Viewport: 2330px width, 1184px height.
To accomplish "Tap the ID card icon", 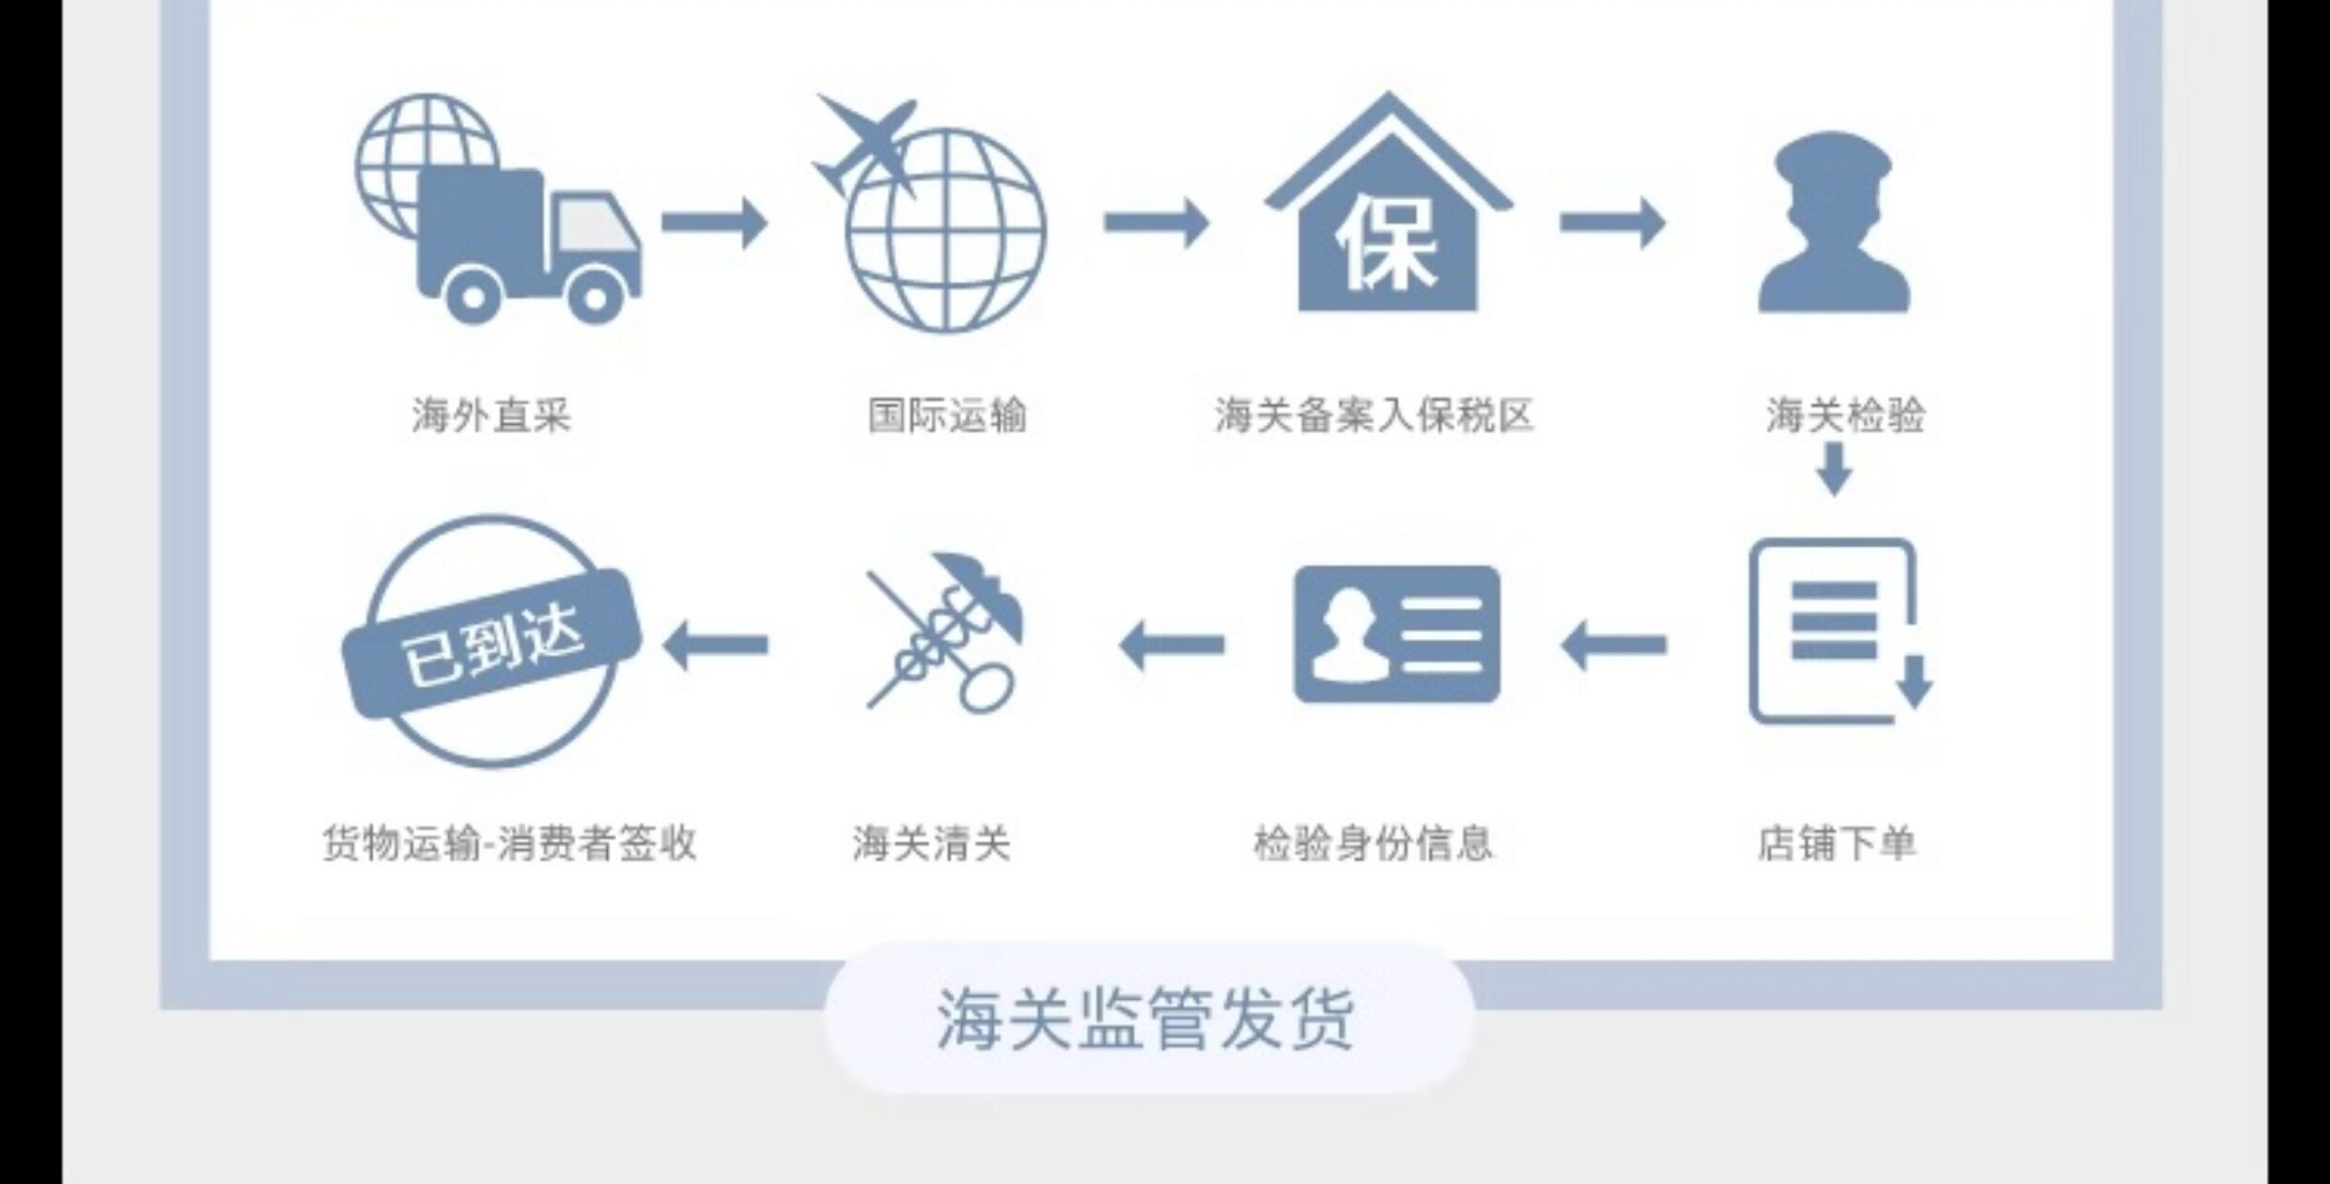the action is coord(1397,634).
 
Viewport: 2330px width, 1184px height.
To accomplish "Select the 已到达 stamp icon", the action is coord(491,641).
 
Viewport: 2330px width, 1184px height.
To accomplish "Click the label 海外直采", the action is coord(491,415).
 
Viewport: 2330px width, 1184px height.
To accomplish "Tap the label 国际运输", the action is coord(947,415).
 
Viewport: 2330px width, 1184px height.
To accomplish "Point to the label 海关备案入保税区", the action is coord(1374,415).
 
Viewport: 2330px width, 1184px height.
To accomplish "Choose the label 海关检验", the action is coord(1845,415).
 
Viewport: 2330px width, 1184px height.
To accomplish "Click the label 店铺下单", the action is coord(1837,843).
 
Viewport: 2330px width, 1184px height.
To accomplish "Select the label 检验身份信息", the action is coord(1374,843).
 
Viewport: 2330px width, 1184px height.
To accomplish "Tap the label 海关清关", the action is coord(932,843).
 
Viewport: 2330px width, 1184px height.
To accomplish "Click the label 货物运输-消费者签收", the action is coord(509,843).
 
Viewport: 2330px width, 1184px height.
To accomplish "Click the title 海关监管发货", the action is coord(1145,1019).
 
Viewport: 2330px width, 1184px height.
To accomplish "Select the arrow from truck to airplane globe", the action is coord(714,223).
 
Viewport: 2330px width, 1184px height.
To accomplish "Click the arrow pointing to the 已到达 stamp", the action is coord(715,645).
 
